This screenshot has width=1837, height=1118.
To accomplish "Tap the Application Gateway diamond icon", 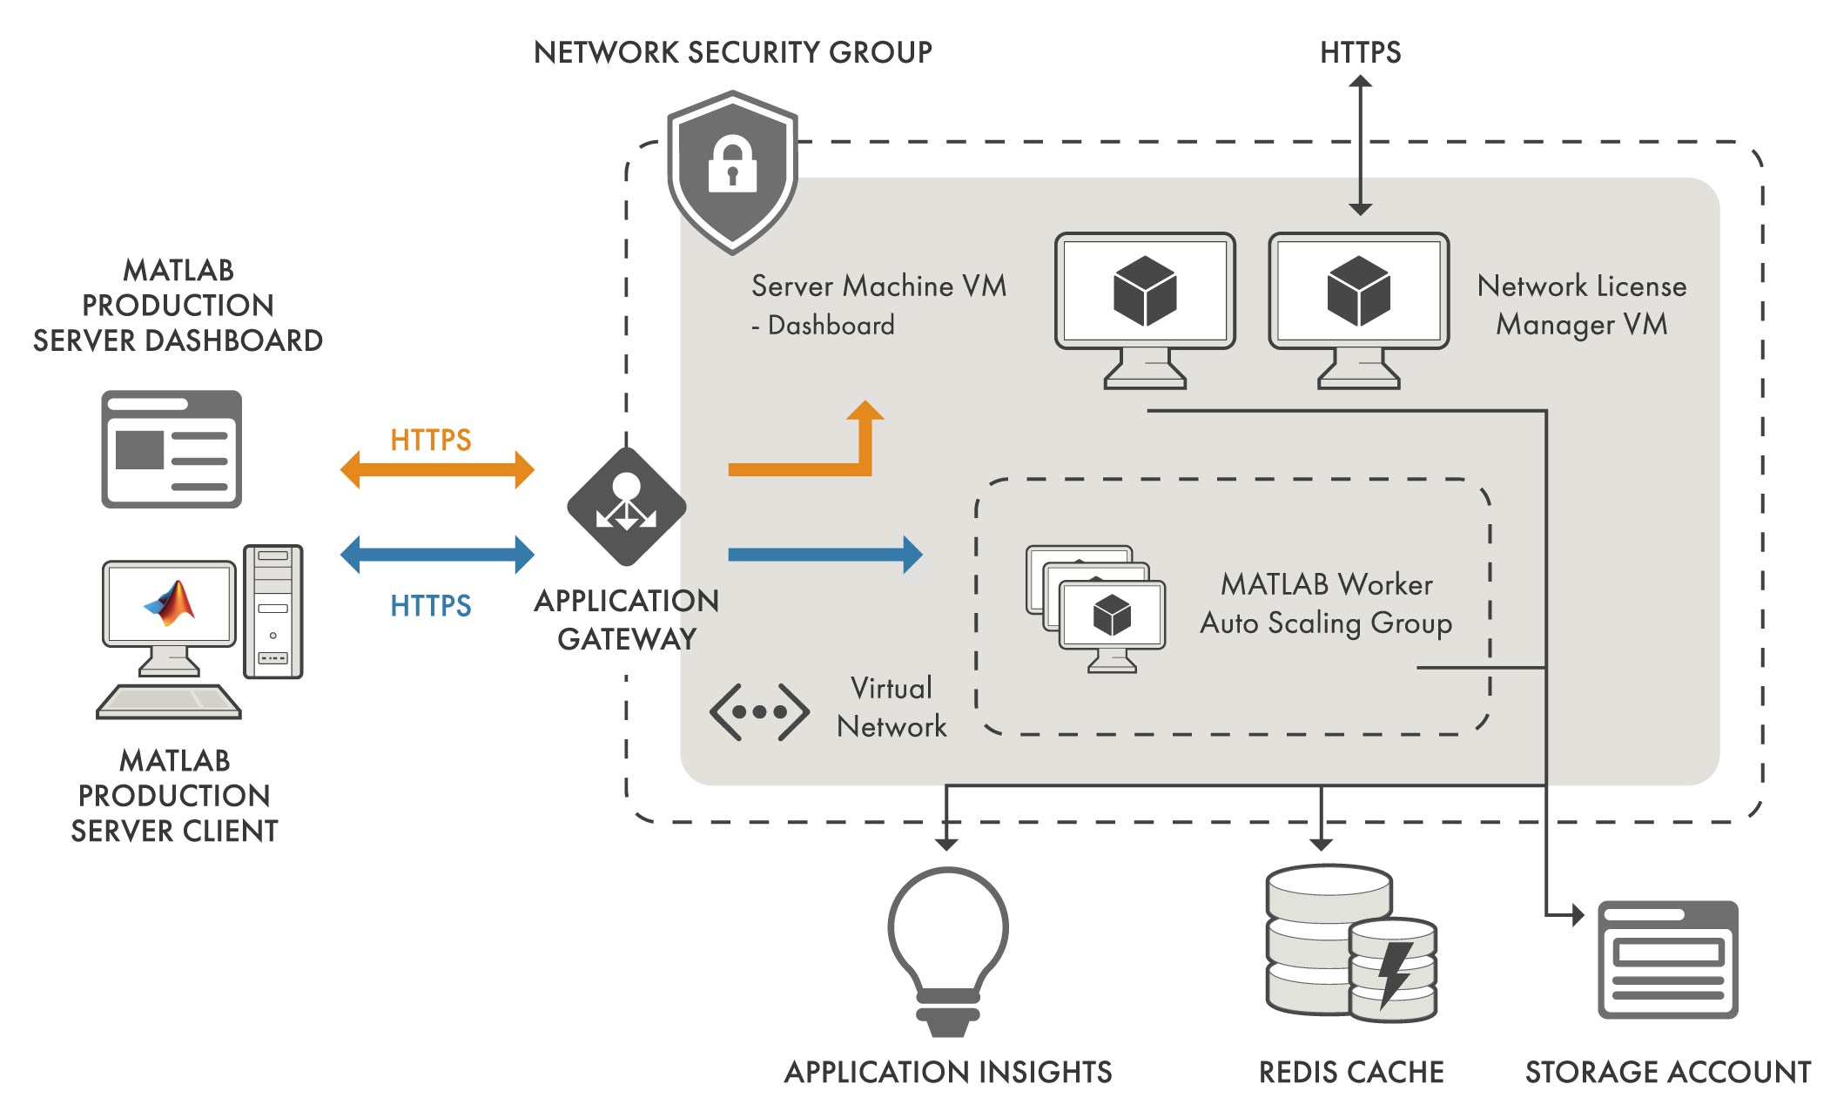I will click(x=626, y=507).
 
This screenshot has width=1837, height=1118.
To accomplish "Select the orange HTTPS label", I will click(x=430, y=440).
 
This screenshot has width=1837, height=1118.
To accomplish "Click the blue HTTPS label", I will click(x=430, y=605).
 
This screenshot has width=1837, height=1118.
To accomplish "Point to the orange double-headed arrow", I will click(x=437, y=470).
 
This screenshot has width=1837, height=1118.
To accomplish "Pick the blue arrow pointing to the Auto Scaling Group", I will click(x=824, y=555).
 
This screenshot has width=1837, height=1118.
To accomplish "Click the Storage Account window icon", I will click(x=1667, y=960).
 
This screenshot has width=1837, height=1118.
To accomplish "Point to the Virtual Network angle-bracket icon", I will click(x=759, y=712).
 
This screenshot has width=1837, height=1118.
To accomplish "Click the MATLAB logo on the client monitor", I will click(x=172, y=603).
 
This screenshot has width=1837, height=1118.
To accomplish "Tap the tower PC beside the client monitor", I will click(x=273, y=611).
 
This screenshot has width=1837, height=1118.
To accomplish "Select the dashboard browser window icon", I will click(x=172, y=448).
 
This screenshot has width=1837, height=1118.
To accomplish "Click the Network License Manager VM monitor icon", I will click(x=1358, y=309).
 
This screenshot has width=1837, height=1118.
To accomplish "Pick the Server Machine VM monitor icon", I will click(x=1145, y=309).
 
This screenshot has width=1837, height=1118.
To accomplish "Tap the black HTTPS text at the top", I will click(x=1360, y=52).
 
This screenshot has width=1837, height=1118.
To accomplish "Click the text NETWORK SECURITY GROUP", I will click(x=732, y=52).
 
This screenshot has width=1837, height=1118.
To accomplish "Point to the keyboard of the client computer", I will click(x=168, y=702).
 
